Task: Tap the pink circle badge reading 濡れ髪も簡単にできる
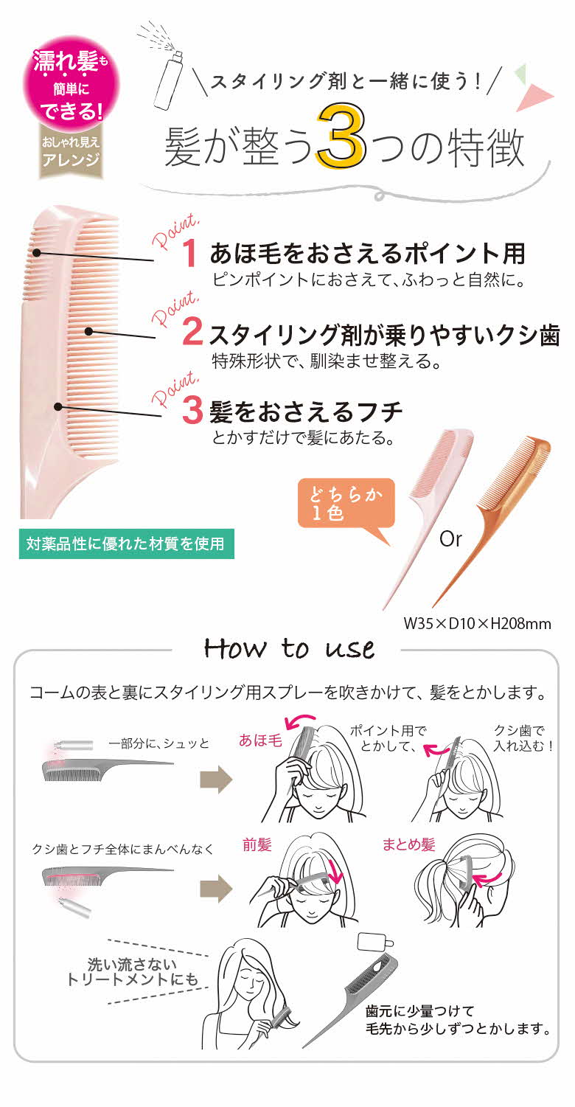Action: [72, 87]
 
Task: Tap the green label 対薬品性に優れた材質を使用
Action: [126, 545]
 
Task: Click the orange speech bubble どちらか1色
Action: [346, 503]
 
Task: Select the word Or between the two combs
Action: [450, 539]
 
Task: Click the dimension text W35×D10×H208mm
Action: [477, 623]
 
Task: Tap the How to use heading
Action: [289, 648]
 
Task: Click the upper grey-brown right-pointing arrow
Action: [215, 777]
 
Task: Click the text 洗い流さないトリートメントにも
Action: [133, 971]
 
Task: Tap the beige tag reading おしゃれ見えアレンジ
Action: [71, 153]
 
